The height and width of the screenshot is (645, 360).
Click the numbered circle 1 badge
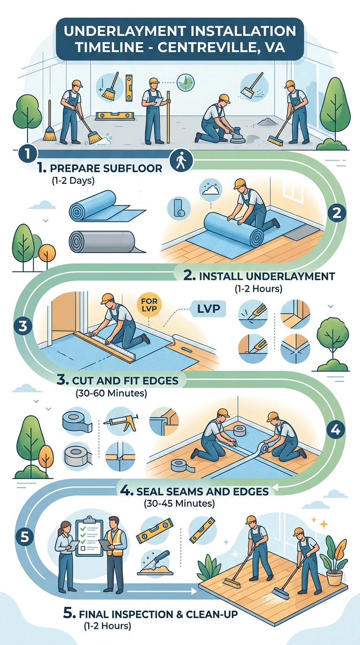click(x=27, y=153)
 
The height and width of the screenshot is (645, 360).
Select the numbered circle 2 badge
click(x=337, y=213)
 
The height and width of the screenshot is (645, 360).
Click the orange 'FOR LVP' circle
click(x=149, y=305)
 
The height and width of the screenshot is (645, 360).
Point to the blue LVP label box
click(x=208, y=309)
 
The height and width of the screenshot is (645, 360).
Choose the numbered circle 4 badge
click(x=336, y=430)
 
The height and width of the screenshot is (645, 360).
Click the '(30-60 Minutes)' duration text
click(x=111, y=393)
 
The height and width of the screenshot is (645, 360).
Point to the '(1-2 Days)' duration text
click(x=73, y=180)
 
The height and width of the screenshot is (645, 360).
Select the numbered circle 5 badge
click(x=25, y=537)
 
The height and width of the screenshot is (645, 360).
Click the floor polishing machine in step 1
click(x=238, y=135)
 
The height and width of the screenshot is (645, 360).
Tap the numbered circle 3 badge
click(x=23, y=326)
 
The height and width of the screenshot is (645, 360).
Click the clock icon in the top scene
click(x=186, y=82)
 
